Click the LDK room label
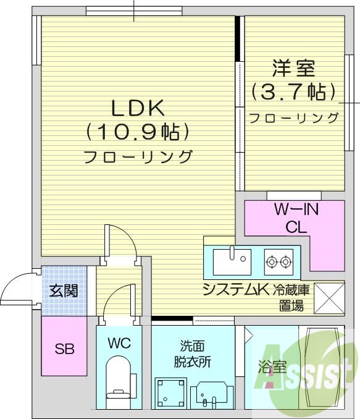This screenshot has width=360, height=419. [137, 108]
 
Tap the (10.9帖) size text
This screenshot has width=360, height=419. [137, 132]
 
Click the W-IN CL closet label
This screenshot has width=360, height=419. [296, 218]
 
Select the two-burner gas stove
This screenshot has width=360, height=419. [278, 262]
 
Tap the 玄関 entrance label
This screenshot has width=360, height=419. [64, 290]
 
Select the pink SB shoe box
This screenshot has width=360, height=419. [65, 347]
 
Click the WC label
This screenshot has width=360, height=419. [119, 343]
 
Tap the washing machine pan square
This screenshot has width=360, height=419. [170, 392]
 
